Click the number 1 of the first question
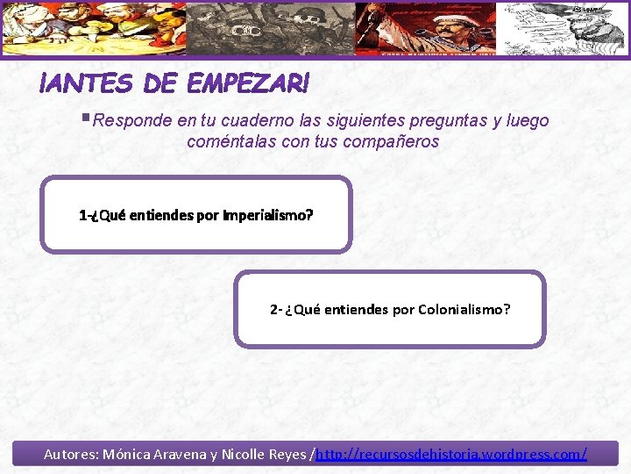click(x=82, y=214)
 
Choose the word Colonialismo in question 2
click(x=464, y=309)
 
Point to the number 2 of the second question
click(x=274, y=309)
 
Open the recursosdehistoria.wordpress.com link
click(x=450, y=455)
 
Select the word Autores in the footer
click(x=70, y=455)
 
